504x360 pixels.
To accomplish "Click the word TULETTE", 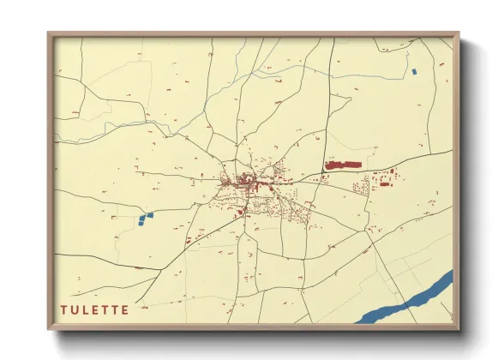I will click(x=94, y=309).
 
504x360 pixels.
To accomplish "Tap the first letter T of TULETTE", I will click(x=63, y=309).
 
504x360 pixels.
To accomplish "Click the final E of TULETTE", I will click(x=125, y=309).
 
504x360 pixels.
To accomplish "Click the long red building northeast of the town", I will click(x=344, y=163).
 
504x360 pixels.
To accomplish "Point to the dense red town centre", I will click(x=244, y=181).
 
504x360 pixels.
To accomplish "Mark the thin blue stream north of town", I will click(x=154, y=129).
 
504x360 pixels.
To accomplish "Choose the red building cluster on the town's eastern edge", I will click(x=381, y=181).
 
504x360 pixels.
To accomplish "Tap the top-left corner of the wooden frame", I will click(x=49, y=34).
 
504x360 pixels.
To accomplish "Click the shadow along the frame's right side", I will click(x=465, y=189).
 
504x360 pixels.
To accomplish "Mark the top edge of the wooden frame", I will click(x=253, y=34).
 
